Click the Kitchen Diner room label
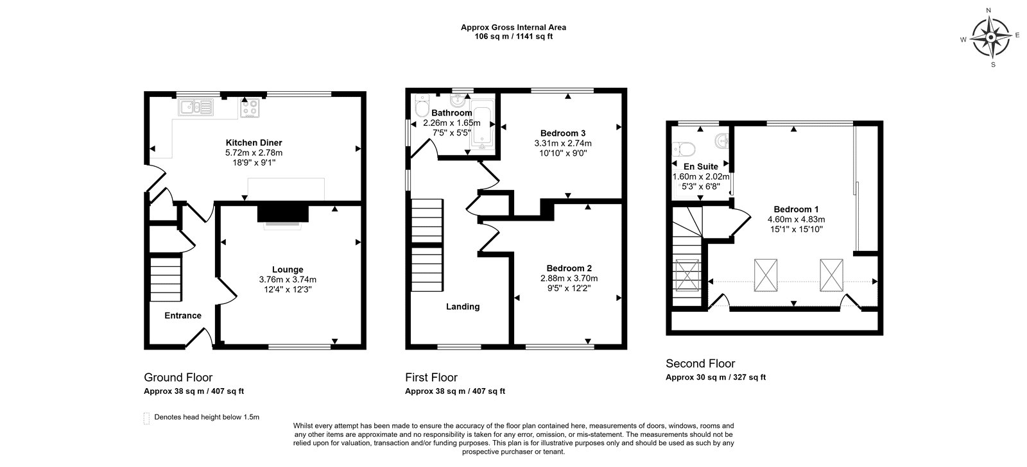pos(254,142)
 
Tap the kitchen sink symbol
pos(196,107)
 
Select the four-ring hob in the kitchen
pos(250,108)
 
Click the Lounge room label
pos(288,269)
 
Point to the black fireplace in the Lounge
pos(283,214)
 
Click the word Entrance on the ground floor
pos(183,316)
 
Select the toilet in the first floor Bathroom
pos(421,106)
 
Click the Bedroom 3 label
pos(562,133)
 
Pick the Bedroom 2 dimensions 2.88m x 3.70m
pos(569,278)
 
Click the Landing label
pos(463,307)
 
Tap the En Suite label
pos(700,166)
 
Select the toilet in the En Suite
pos(684,149)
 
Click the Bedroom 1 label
pos(796,209)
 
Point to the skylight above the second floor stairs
pos(687,275)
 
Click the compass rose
pos(991,37)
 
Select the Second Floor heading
pos(700,364)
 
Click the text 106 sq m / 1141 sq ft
pos(513,37)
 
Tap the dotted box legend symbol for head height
pos(147,418)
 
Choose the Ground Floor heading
pos(178,377)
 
